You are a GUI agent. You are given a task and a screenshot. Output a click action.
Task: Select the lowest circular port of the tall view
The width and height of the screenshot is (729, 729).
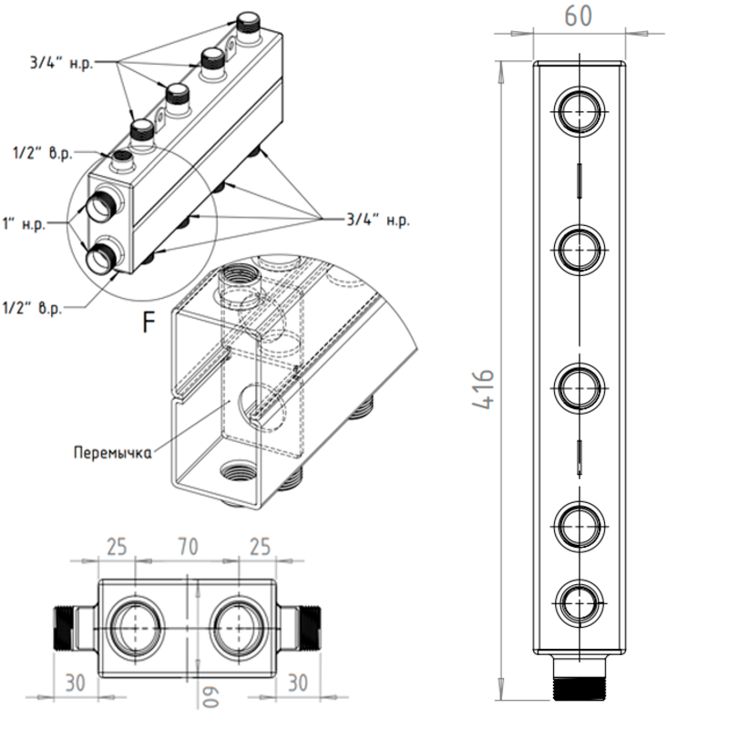pyautogui.click(x=578, y=601)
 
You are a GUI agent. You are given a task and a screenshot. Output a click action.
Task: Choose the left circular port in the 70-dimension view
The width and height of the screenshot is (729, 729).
pyautogui.click(x=135, y=626)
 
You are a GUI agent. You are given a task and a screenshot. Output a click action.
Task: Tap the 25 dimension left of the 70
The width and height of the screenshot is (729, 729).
pyautogui.click(x=116, y=547)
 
